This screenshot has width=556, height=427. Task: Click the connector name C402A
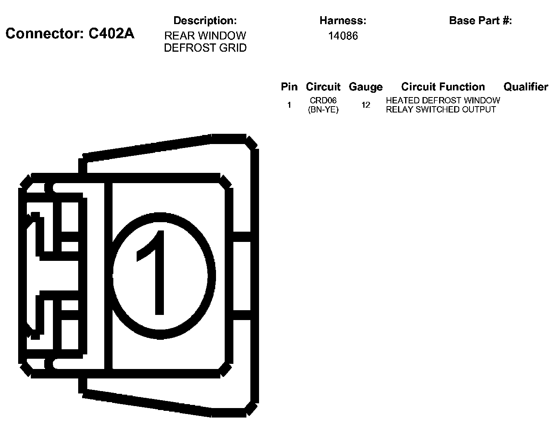(x=111, y=34)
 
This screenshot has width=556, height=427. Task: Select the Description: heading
(x=205, y=21)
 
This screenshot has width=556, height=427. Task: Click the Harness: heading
(x=343, y=21)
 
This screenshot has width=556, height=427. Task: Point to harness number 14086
(x=343, y=36)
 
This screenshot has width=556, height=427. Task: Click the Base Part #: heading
(x=480, y=21)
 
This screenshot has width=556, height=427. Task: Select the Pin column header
(x=289, y=87)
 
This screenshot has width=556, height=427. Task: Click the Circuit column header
(x=323, y=87)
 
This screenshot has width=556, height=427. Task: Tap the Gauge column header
(x=365, y=87)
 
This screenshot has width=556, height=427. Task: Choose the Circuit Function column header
(x=443, y=87)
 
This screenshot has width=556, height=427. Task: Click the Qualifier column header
(x=526, y=87)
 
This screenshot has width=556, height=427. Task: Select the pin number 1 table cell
(x=289, y=105)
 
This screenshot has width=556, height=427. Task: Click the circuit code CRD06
(x=323, y=101)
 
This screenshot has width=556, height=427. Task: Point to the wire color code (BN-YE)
(x=323, y=110)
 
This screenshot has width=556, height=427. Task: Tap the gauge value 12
(x=366, y=105)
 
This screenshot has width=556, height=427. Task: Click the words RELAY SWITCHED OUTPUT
(x=441, y=110)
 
